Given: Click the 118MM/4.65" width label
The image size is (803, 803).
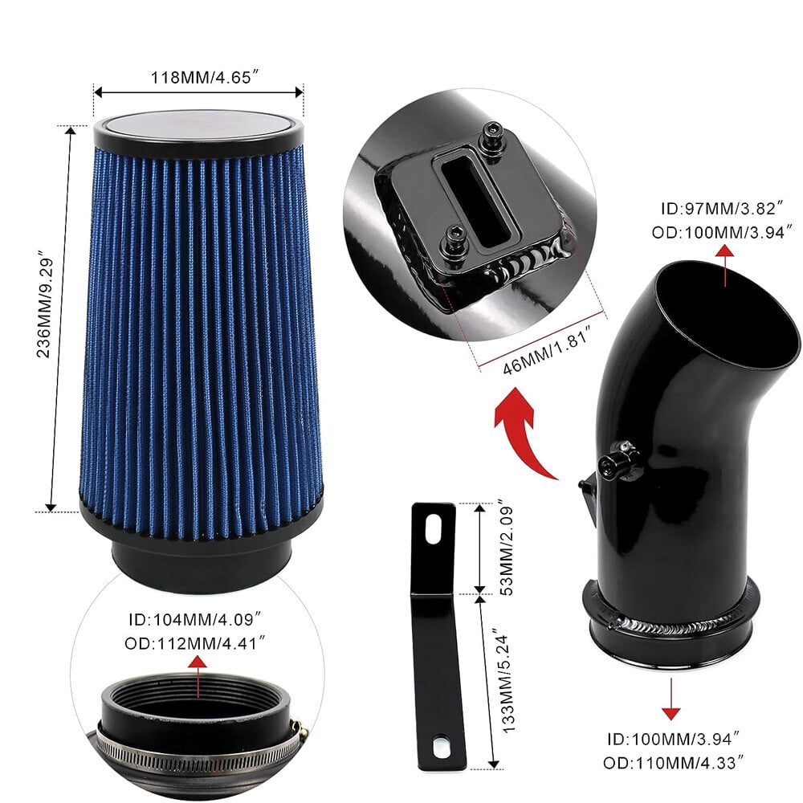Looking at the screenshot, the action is pos(201,77).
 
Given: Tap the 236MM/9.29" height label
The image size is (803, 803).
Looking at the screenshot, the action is pos(46,304).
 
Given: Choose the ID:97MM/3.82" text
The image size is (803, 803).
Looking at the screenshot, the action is pos(722,209).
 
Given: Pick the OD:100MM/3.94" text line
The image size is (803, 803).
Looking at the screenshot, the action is pos(722,232).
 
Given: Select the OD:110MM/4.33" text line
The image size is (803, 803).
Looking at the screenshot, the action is pos(674,763).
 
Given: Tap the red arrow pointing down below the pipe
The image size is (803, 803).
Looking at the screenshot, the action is pos(671,699).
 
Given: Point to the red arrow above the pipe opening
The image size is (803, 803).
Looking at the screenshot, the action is pos(724,265).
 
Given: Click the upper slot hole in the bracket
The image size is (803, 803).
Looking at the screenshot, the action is pos(434,528).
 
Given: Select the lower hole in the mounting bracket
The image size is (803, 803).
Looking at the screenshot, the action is pos(439,747).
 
